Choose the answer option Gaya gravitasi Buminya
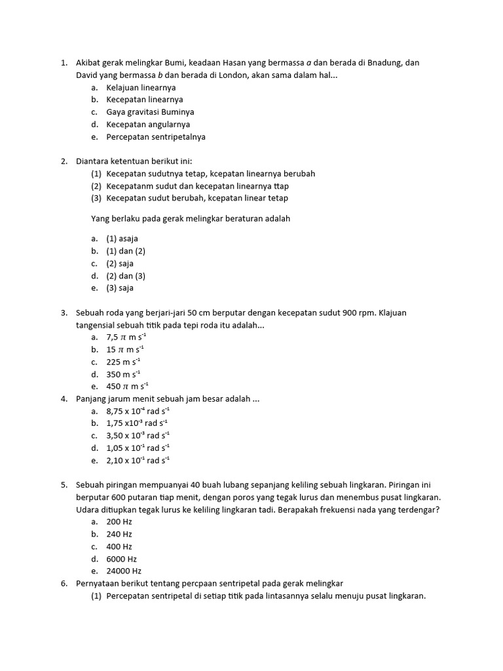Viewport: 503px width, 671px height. click(x=150, y=112)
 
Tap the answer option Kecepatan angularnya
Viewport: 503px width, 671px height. click(x=148, y=125)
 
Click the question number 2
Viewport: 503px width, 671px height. click(x=64, y=161)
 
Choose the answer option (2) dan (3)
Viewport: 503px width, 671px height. click(x=126, y=276)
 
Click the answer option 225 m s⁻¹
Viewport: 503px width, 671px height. click(x=123, y=362)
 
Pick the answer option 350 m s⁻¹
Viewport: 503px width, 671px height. click(x=123, y=374)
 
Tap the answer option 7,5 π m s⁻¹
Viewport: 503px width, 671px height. click(x=126, y=337)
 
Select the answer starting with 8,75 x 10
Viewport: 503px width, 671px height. click(x=138, y=411)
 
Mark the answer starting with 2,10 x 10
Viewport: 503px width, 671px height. click(x=138, y=461)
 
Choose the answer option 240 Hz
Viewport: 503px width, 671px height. click(x=119, y=534)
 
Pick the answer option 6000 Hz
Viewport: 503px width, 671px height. click(x=121, y=559)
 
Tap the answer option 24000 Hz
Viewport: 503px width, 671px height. click(x=123, y=571)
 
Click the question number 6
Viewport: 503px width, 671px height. click(x=64, y=583)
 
